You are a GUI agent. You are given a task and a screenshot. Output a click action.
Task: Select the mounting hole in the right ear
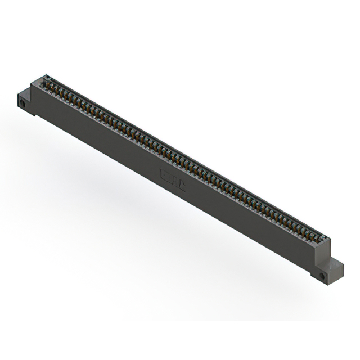(x=322, y=277)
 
